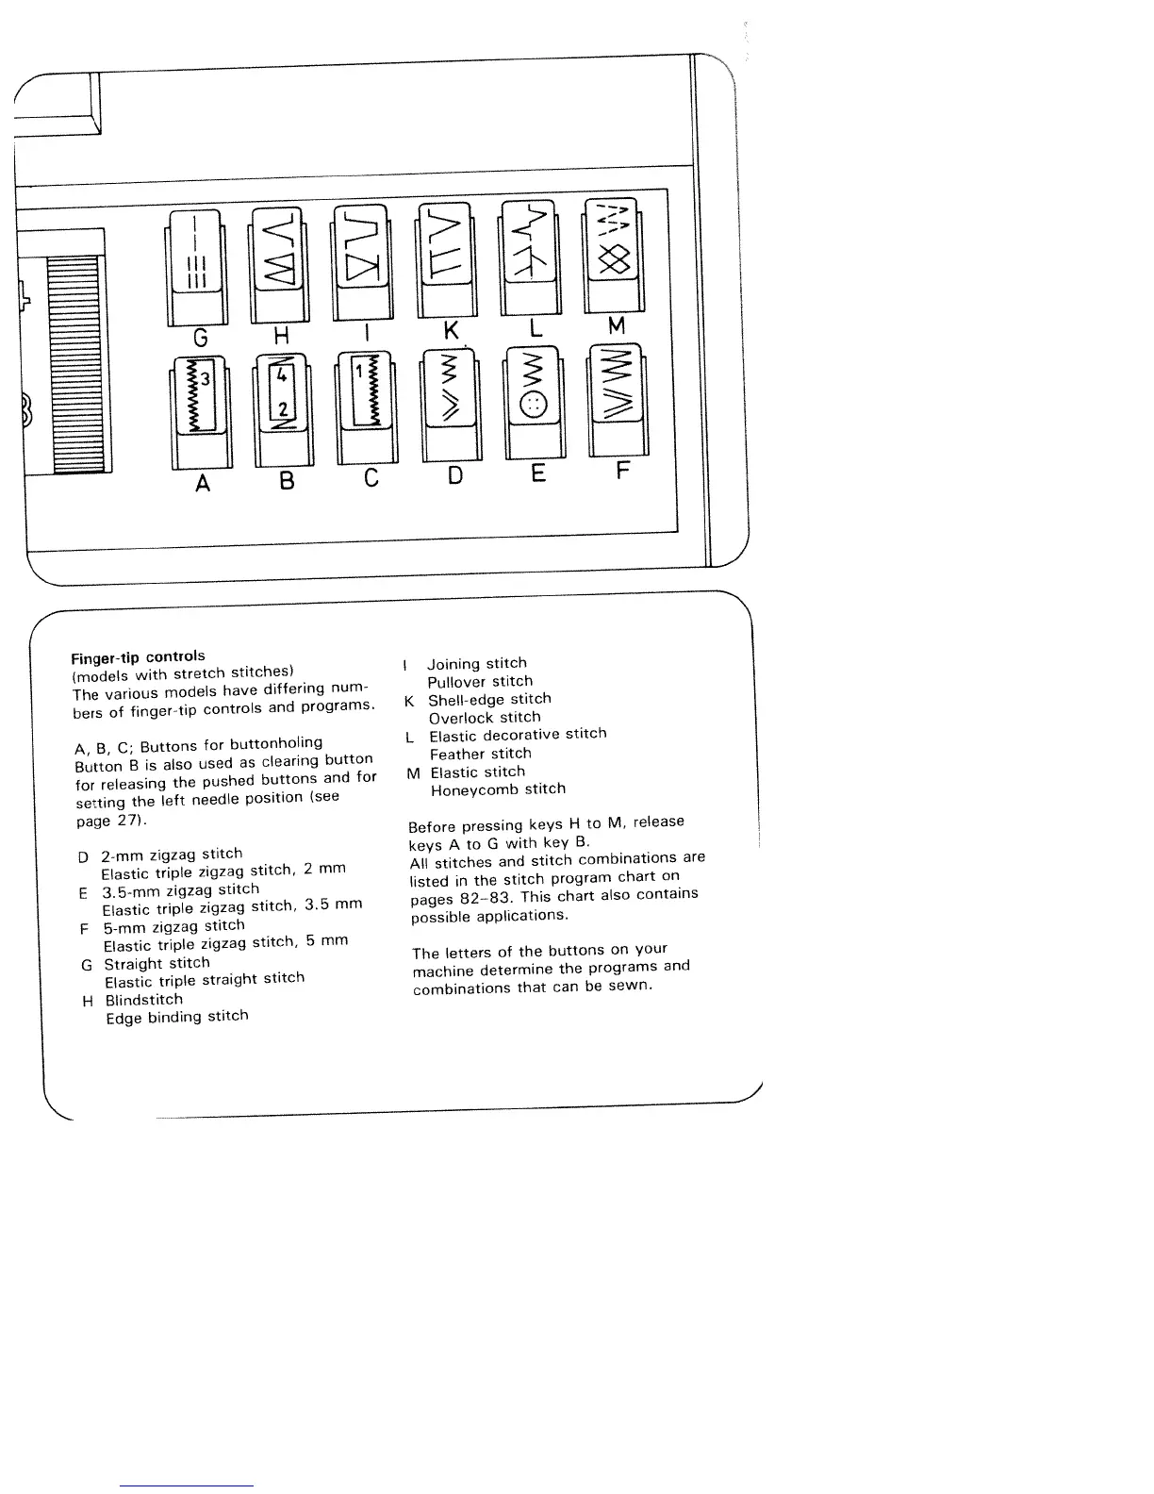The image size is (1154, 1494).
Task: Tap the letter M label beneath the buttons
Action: click(617, 326)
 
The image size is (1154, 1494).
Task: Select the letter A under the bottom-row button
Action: click(202, 483)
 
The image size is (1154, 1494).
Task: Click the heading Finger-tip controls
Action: click(138, 656)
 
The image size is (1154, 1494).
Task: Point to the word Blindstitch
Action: click(143, 1000)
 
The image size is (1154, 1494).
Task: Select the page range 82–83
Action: click(490, 897)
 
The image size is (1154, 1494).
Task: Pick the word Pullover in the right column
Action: click(457, 682)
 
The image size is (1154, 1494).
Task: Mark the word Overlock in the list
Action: click(461, 718)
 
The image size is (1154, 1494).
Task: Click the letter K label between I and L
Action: click(452, 330)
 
